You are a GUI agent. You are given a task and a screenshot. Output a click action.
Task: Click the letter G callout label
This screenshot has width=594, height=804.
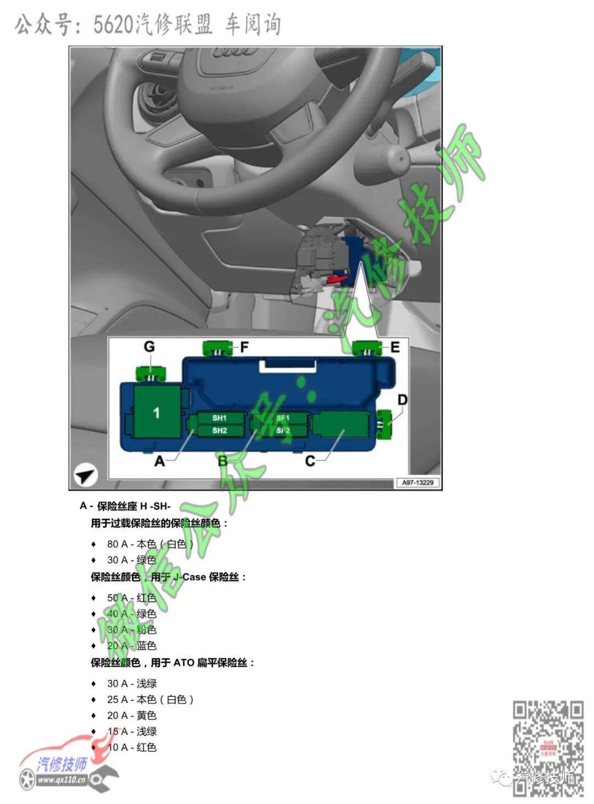149,347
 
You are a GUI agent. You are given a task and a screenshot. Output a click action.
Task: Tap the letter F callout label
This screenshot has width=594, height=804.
244,347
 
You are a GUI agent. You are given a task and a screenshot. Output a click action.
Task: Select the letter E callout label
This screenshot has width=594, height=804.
395,347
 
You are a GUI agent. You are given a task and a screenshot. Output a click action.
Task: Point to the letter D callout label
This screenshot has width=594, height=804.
403,400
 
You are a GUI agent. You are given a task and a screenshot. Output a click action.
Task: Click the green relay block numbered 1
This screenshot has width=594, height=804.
157,412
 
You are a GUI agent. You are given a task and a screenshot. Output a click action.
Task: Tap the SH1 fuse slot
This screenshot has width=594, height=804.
219,418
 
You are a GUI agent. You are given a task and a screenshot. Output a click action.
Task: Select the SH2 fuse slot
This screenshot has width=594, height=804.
219,430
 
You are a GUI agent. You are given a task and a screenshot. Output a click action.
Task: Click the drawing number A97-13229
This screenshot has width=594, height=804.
417,483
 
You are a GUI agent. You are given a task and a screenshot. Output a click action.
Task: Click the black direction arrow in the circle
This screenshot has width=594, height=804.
85,475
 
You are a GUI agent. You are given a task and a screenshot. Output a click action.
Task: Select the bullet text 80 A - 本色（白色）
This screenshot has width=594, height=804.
150,544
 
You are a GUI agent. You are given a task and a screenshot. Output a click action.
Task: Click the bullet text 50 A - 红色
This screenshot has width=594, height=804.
131,598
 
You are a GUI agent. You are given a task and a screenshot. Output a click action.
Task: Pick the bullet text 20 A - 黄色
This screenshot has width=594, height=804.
131,716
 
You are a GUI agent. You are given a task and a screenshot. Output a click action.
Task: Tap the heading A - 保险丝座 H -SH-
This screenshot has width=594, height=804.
125,506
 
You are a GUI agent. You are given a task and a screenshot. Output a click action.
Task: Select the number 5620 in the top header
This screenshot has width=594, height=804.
113,25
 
